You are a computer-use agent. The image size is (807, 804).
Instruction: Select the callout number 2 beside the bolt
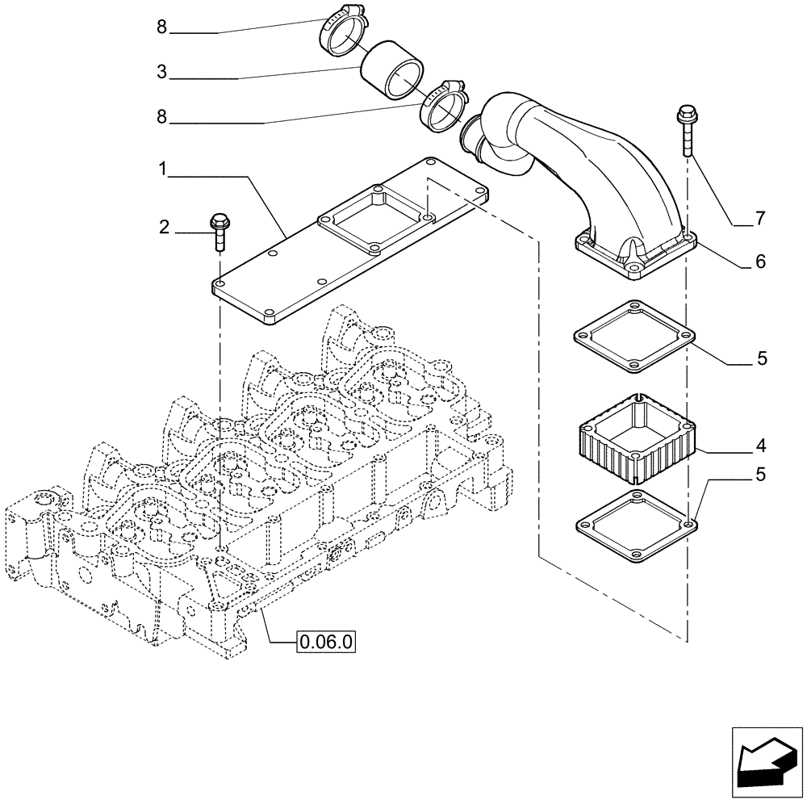[x=165, y=228]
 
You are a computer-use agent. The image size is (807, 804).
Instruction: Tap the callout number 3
[x=162, y=73]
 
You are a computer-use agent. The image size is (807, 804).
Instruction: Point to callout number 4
[x=761, y=446]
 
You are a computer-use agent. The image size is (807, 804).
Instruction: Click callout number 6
[x=761, y=262]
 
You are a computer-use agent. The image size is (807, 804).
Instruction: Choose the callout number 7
[x=761, y=219]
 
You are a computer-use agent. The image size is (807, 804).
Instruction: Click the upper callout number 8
[x=162, y=27]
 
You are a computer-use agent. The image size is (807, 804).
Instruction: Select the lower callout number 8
[x=162, y=117]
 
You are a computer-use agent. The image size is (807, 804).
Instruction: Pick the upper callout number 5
[x=761, y=358]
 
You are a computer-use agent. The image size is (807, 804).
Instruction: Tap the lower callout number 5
[x=761, y=475]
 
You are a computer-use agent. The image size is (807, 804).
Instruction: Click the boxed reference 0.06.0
[x=327, y=643]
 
